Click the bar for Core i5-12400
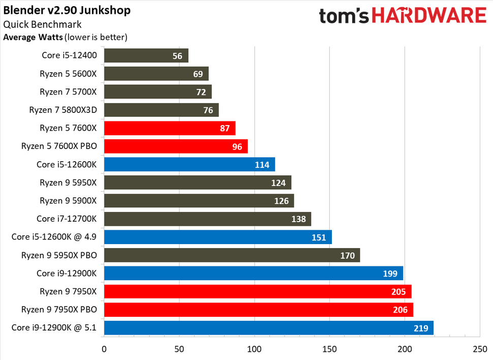[146, 56]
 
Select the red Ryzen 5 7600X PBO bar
[175, 146]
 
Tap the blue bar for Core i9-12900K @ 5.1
[268, 327]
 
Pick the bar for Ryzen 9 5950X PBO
[231, 255]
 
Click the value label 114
[261, 165]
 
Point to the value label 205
[397, 292]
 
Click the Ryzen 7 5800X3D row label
[68, 110]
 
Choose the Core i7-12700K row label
[67, 219]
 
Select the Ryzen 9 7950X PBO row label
[59, 309]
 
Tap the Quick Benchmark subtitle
[42, 24]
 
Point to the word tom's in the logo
[346, 16]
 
